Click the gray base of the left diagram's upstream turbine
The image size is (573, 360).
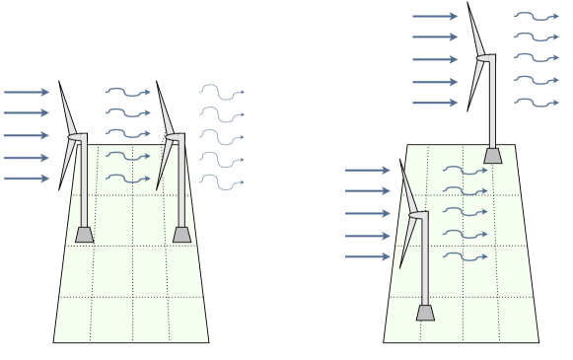point(85,235)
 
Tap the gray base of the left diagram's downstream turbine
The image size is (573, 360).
point(181,235)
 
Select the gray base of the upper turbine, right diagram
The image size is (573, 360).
point(493,155)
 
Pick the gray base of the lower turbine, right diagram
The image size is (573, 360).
point(425,313)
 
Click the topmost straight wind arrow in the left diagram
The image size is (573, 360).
point(26,93)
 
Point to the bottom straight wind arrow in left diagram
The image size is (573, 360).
point(26,179)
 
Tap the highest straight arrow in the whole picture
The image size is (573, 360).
point(434,16)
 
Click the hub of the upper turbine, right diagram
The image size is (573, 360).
point(484,58)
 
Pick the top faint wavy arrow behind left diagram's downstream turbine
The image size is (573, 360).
point(221,92)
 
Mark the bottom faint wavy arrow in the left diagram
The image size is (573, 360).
point(221,181)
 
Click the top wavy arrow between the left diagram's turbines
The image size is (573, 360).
point(127,93)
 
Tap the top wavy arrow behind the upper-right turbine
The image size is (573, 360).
point(537,16)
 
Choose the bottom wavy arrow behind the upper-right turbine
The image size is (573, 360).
point(537,103)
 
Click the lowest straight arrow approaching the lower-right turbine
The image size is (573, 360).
point(367,257)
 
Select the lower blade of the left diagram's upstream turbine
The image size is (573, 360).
point(66,165)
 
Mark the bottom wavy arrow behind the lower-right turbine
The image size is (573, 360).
point(466,257)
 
